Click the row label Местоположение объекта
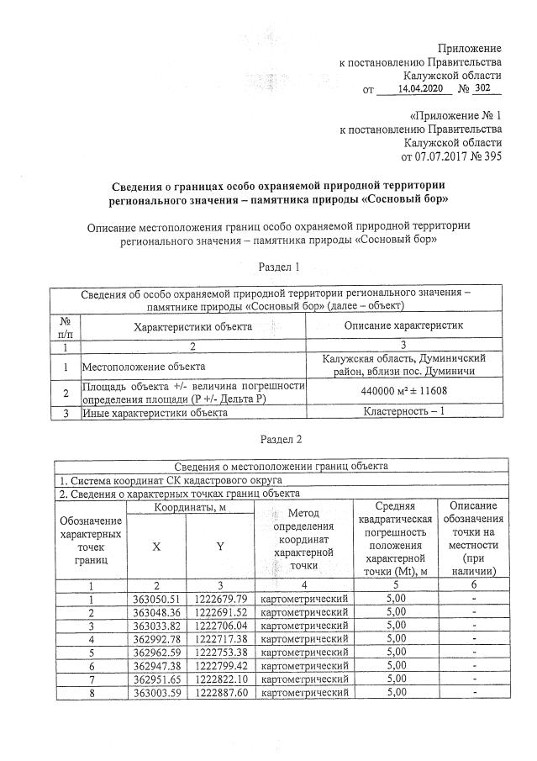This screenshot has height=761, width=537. click(x=142, y=367)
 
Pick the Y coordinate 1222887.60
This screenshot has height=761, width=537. click(x=221, y=692)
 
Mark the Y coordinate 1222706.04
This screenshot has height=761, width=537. click(x=221, y=625)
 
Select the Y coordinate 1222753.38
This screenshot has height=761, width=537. click(x=221, y=652)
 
